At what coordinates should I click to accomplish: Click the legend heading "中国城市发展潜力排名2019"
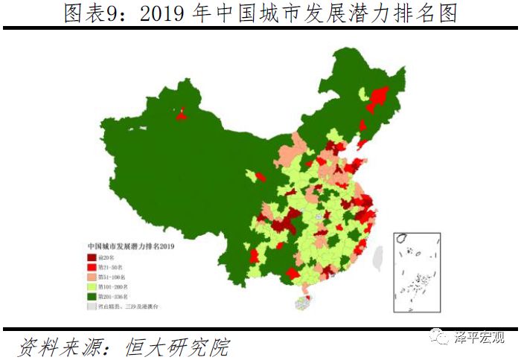pyautogui.click(x=130, y=245)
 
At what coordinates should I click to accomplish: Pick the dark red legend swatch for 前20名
pyautogui.click(x=92, y=256)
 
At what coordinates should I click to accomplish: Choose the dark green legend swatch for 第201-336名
pyautogui.click(x=92, y=295)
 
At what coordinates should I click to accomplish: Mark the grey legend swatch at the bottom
pyautogui.click(x=92, y=305)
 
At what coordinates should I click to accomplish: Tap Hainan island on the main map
pyautogui.click(x=301, y=303)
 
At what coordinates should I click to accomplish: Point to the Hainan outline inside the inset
pyautogui.click(x=401, y=240)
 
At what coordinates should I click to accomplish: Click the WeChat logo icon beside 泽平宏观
pyautogui.click(x=445, y=338)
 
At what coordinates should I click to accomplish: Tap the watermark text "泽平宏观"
pyautogui.click(x=480, y=338)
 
